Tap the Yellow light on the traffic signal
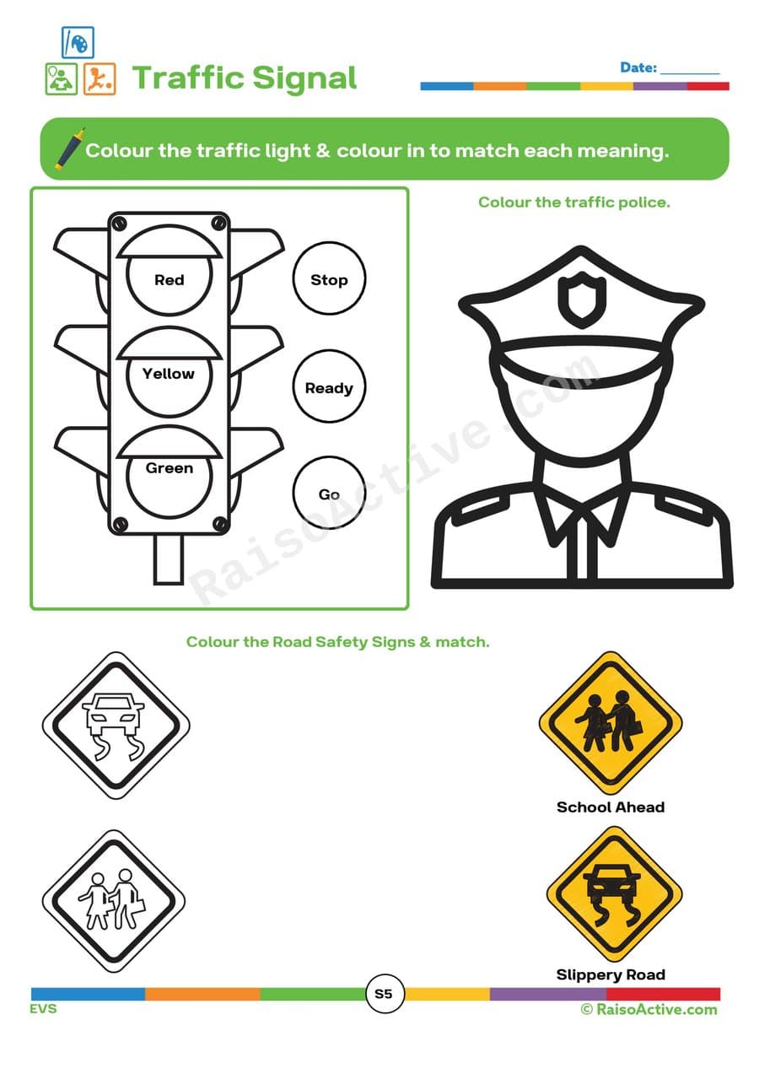coord(169,375)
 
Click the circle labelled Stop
coord(329,280)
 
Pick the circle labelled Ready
coord(329,388)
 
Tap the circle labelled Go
coord(329,494)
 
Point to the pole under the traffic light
coord(169,559)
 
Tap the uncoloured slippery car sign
coord(116,726)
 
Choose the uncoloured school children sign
coord(114,900)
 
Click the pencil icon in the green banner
coord(69,148)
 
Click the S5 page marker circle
coord(384,994)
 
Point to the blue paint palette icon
coord(78,42)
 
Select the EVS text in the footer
coord(44,1009)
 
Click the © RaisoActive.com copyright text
coord(649,1009)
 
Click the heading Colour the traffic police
coord(573,202)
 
